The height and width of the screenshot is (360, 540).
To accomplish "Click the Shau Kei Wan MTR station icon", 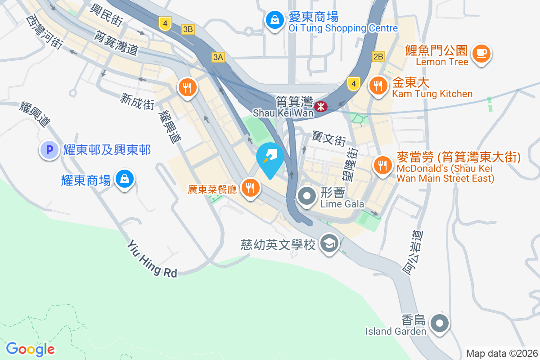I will pos(321,107).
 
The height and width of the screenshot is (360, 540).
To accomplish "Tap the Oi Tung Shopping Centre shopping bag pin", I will pos(274,19).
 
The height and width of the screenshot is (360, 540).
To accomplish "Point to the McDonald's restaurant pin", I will pos(382,165).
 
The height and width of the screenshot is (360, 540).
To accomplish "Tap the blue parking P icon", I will pos(49,150).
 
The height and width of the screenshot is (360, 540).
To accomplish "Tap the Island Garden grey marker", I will pos(439,323).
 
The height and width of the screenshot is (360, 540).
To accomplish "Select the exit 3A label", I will pos(218,57).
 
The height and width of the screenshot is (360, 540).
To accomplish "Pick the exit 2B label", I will pos(378,57).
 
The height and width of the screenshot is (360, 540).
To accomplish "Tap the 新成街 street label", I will pos(137,102).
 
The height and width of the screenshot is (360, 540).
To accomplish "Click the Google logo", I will pos(31,349).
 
